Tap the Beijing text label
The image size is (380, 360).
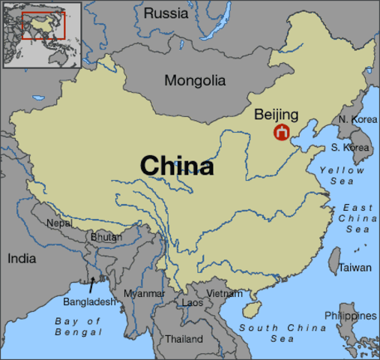[x=276, y=115]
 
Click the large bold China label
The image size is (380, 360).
[x=177, y=166]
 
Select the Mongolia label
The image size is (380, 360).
[x=195, y=80]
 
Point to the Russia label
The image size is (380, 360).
[x=166, y=13]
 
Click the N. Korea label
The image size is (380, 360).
[x=358, y=119]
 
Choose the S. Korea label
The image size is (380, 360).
[x=349, y=148]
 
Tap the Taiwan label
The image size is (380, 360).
[x=354, y=267]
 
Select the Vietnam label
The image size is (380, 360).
[x=224, y=293]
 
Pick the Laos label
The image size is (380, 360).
[x=193, y=303]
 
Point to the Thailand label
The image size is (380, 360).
[x=184, y=339]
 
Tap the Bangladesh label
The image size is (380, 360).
[x=89, y=301]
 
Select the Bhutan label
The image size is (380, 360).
[x=105, y=237]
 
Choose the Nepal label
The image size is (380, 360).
[x=59, y=223]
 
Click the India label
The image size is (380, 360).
[x=21, y=258]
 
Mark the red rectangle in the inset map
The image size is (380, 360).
[x=43, y=25]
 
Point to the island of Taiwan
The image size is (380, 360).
[x=335, y=260]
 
